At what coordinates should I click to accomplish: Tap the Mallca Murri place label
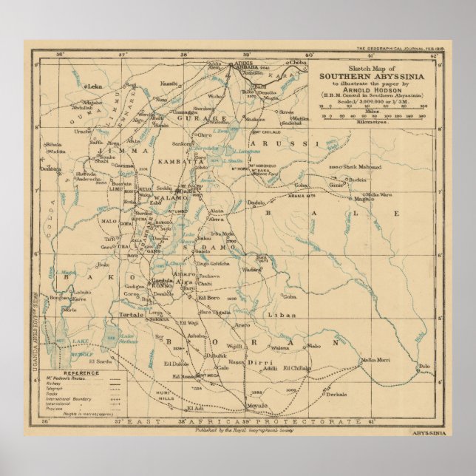coord(374,360)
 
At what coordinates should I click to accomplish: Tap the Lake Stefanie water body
coord(130,338)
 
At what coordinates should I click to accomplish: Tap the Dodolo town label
coord(256,202)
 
